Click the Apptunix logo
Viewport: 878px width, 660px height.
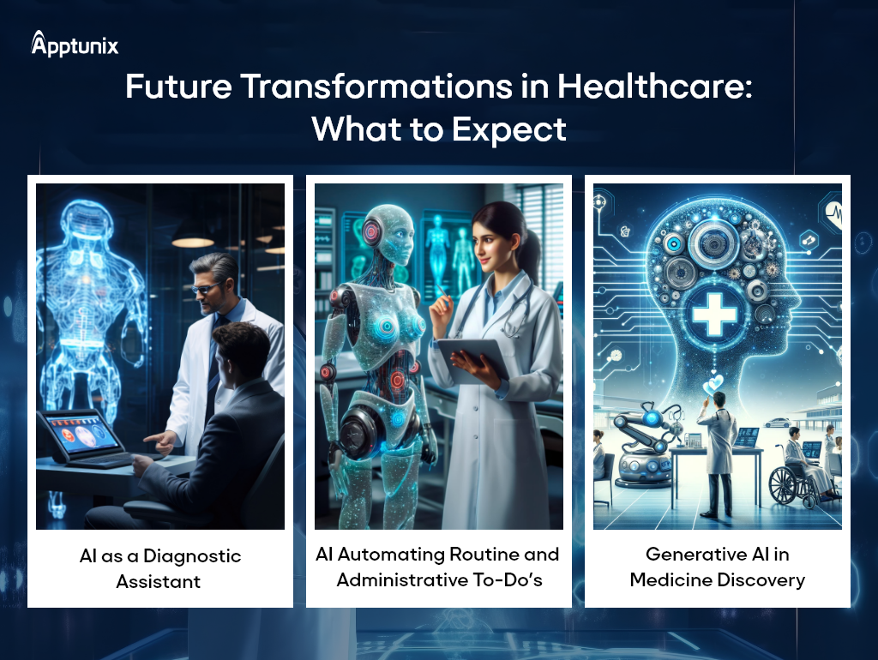75,44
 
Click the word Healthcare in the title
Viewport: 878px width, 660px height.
654,87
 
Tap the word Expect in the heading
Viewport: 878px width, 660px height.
509,130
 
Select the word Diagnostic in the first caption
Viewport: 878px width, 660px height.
192,556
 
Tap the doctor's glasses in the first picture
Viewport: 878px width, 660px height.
206,289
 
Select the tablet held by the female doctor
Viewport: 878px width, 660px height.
473,361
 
